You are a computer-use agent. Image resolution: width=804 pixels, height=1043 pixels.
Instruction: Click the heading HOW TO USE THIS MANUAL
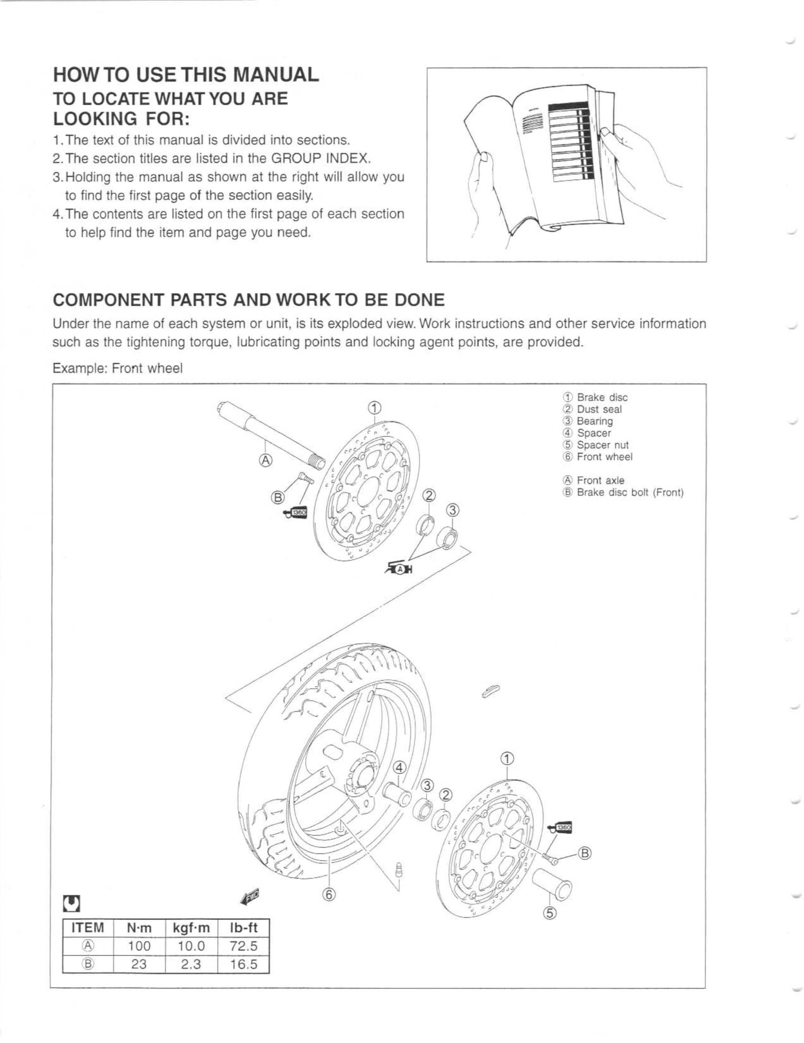(186, 75)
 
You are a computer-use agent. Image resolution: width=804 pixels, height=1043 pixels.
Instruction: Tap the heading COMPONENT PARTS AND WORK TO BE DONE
(248, 300)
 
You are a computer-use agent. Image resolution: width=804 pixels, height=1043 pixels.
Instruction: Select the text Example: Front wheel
(118, 369)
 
